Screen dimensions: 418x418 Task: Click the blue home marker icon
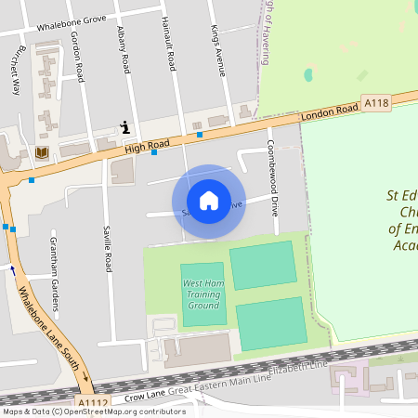click(x=209, y=201)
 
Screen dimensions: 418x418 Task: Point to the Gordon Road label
click(x=78, y=59)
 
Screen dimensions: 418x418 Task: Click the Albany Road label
click(x=122, y=50)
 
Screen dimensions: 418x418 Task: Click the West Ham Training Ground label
click(x=202, y=293)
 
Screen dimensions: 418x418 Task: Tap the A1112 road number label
click(x=93, y=401)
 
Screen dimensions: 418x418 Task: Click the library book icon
click(x=41, y=152)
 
